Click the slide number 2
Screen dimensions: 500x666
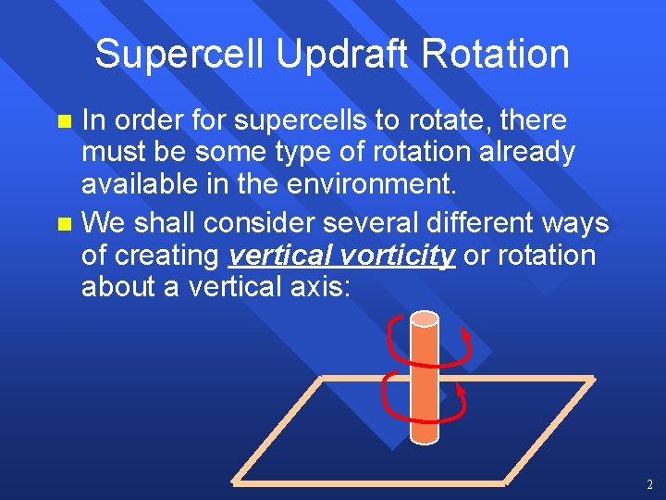650,484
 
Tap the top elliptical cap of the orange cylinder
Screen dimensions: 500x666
425,319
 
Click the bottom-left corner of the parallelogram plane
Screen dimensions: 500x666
235,481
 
